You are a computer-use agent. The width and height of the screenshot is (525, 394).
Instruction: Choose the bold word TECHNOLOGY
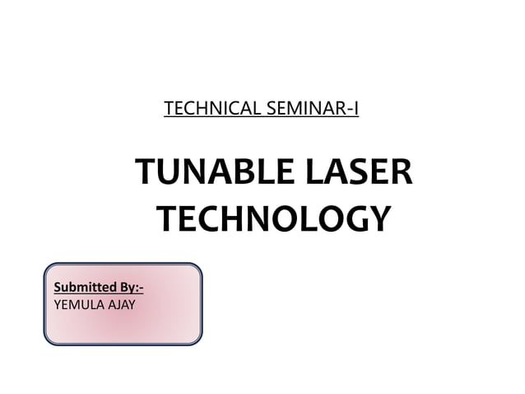point(273,219)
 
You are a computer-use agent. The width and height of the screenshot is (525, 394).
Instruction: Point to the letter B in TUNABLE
point(237,174)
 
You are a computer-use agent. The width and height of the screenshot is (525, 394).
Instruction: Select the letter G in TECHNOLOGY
point(351,219)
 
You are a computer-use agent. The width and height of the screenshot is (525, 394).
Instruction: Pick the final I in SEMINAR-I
point(355,108)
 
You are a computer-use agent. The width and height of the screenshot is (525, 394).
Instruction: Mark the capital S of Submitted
point(58,288)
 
